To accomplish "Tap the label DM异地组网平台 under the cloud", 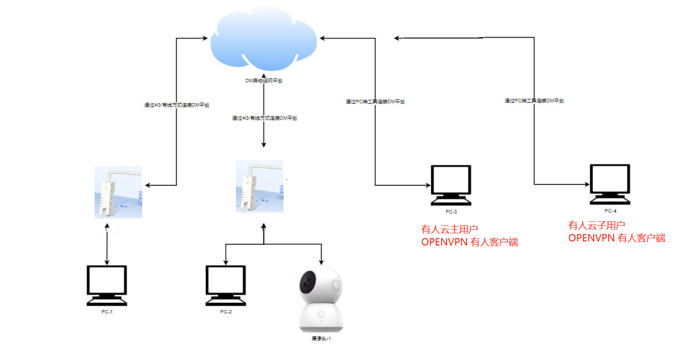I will pyautogui.click(x=263, y=81).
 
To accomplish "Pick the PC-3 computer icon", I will pyautogui.click(x=451, y=186).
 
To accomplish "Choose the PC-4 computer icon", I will pyautogui.click(x=610, y=185).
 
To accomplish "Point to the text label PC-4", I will pyautogui.click(x=610, y=211).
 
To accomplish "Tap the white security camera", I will pyautogui.click(x=321, y=299).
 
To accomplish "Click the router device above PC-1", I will pyautogui.click(x=118, y=192).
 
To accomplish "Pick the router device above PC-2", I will pyautogui.click(x=260, y=186).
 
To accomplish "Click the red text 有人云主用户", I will pyautogui.click(x=449, y=229).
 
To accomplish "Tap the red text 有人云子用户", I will pyautogui.click(x=596, y=226).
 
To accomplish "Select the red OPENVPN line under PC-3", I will pyautogui.click(x=470, y=242).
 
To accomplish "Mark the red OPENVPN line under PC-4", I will pyautogui.click(x=616, y=238).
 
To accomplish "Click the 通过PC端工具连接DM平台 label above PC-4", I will pyautogui.click(x=534, y=101).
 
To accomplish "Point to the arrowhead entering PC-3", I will pyautogui.click(x=427, y=185).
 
